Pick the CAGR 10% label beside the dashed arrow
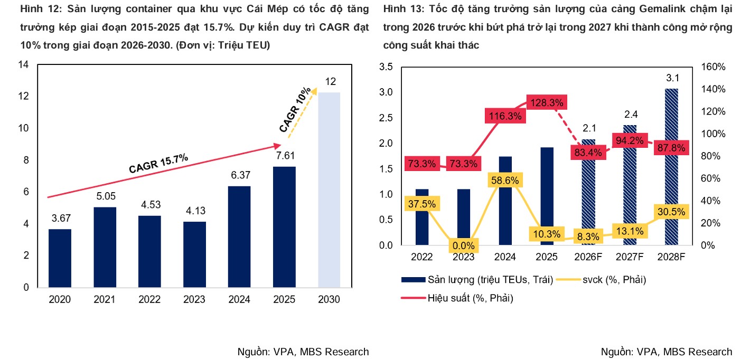pos(295,110)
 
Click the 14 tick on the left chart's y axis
pos(23,64)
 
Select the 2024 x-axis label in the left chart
pos(239,300)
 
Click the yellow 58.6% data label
pos(504,181)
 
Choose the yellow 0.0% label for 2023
pos(463,245)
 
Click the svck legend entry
pos(602,279)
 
